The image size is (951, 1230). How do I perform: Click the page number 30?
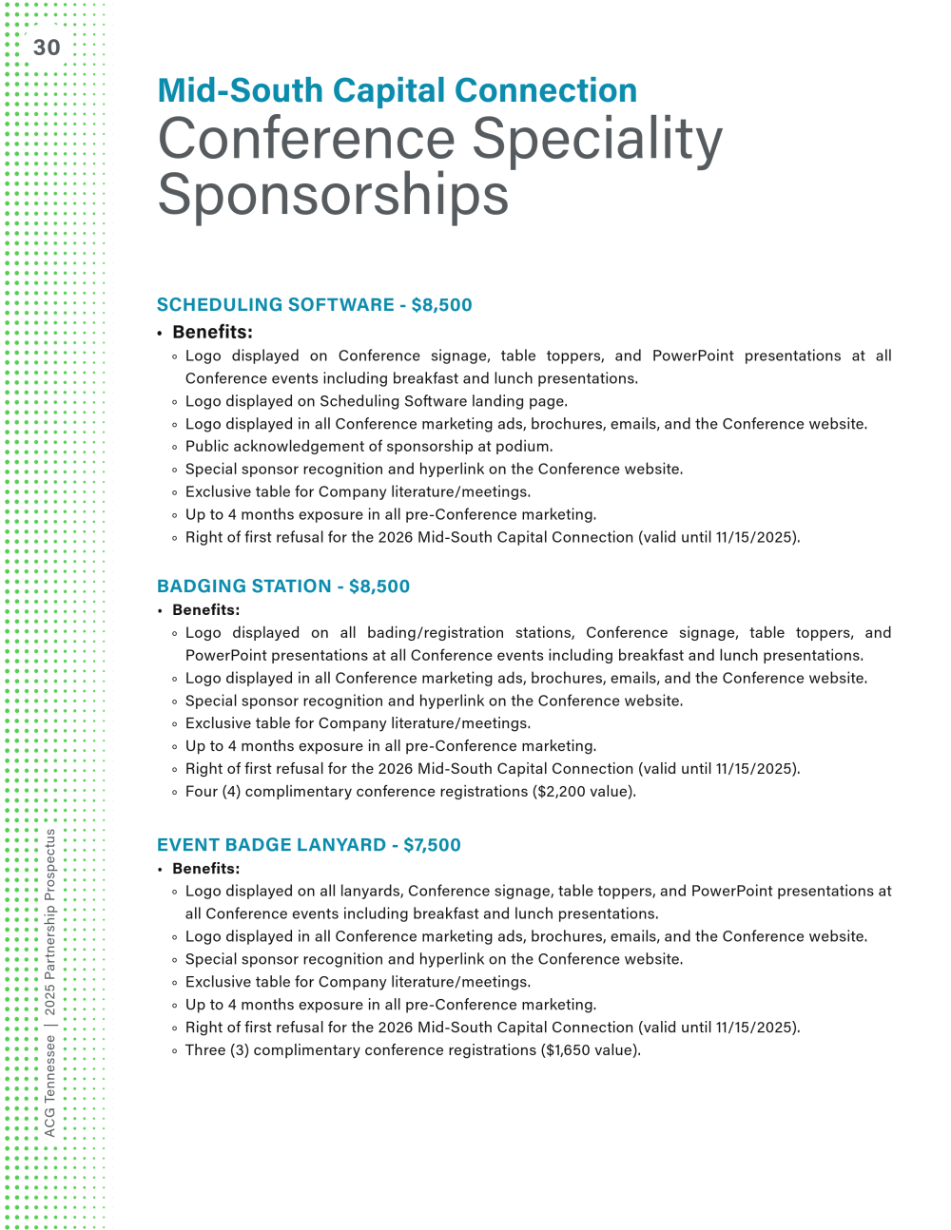[x=47, y=48]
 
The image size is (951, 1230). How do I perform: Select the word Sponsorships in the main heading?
[x=333, y=196]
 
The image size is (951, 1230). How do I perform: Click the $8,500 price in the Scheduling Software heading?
[x=441, y=305]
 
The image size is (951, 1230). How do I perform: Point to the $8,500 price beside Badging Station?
[x=379, y=586]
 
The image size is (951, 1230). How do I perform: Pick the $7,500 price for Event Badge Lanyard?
[x=432, y=845]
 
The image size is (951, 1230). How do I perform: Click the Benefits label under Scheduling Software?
[x=212, y=332]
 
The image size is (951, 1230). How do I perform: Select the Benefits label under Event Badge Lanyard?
[x=205, y=868]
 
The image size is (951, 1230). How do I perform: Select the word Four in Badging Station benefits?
[x=202, y=792]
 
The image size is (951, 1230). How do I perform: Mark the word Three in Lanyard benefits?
[x=205, y=1050]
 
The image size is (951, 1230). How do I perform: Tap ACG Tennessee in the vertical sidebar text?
[x=50, y=1086]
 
